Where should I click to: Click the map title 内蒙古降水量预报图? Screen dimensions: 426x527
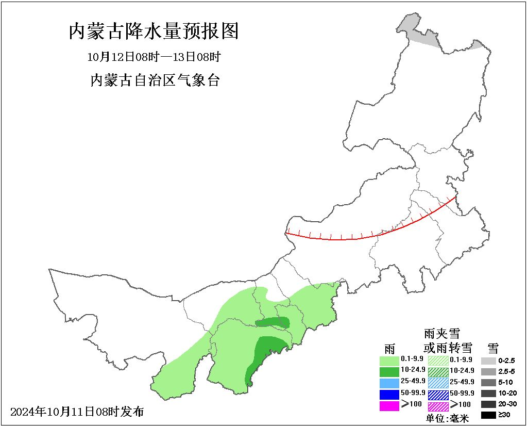point(154,32)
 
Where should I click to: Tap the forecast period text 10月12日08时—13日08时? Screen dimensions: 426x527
point(154,56)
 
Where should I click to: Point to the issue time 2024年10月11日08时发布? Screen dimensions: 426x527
point(77,412)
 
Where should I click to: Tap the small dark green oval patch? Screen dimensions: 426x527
point(273,323)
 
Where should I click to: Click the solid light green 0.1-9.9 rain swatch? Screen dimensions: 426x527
point(389,361)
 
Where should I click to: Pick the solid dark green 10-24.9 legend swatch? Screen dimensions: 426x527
point(389,371)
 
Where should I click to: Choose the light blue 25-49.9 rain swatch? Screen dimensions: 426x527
point(389,383)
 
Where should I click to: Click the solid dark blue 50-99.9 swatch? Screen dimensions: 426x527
point(389,394)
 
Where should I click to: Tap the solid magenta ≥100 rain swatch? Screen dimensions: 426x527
point(389,405)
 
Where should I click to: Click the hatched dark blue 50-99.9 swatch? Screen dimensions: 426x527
point(438,394)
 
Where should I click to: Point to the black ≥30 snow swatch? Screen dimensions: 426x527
point(488,415)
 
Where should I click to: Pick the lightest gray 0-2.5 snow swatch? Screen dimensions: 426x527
point(488,361)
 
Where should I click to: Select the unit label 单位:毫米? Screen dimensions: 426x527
point(447,418)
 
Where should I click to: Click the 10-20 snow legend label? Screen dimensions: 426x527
point(507,393)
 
